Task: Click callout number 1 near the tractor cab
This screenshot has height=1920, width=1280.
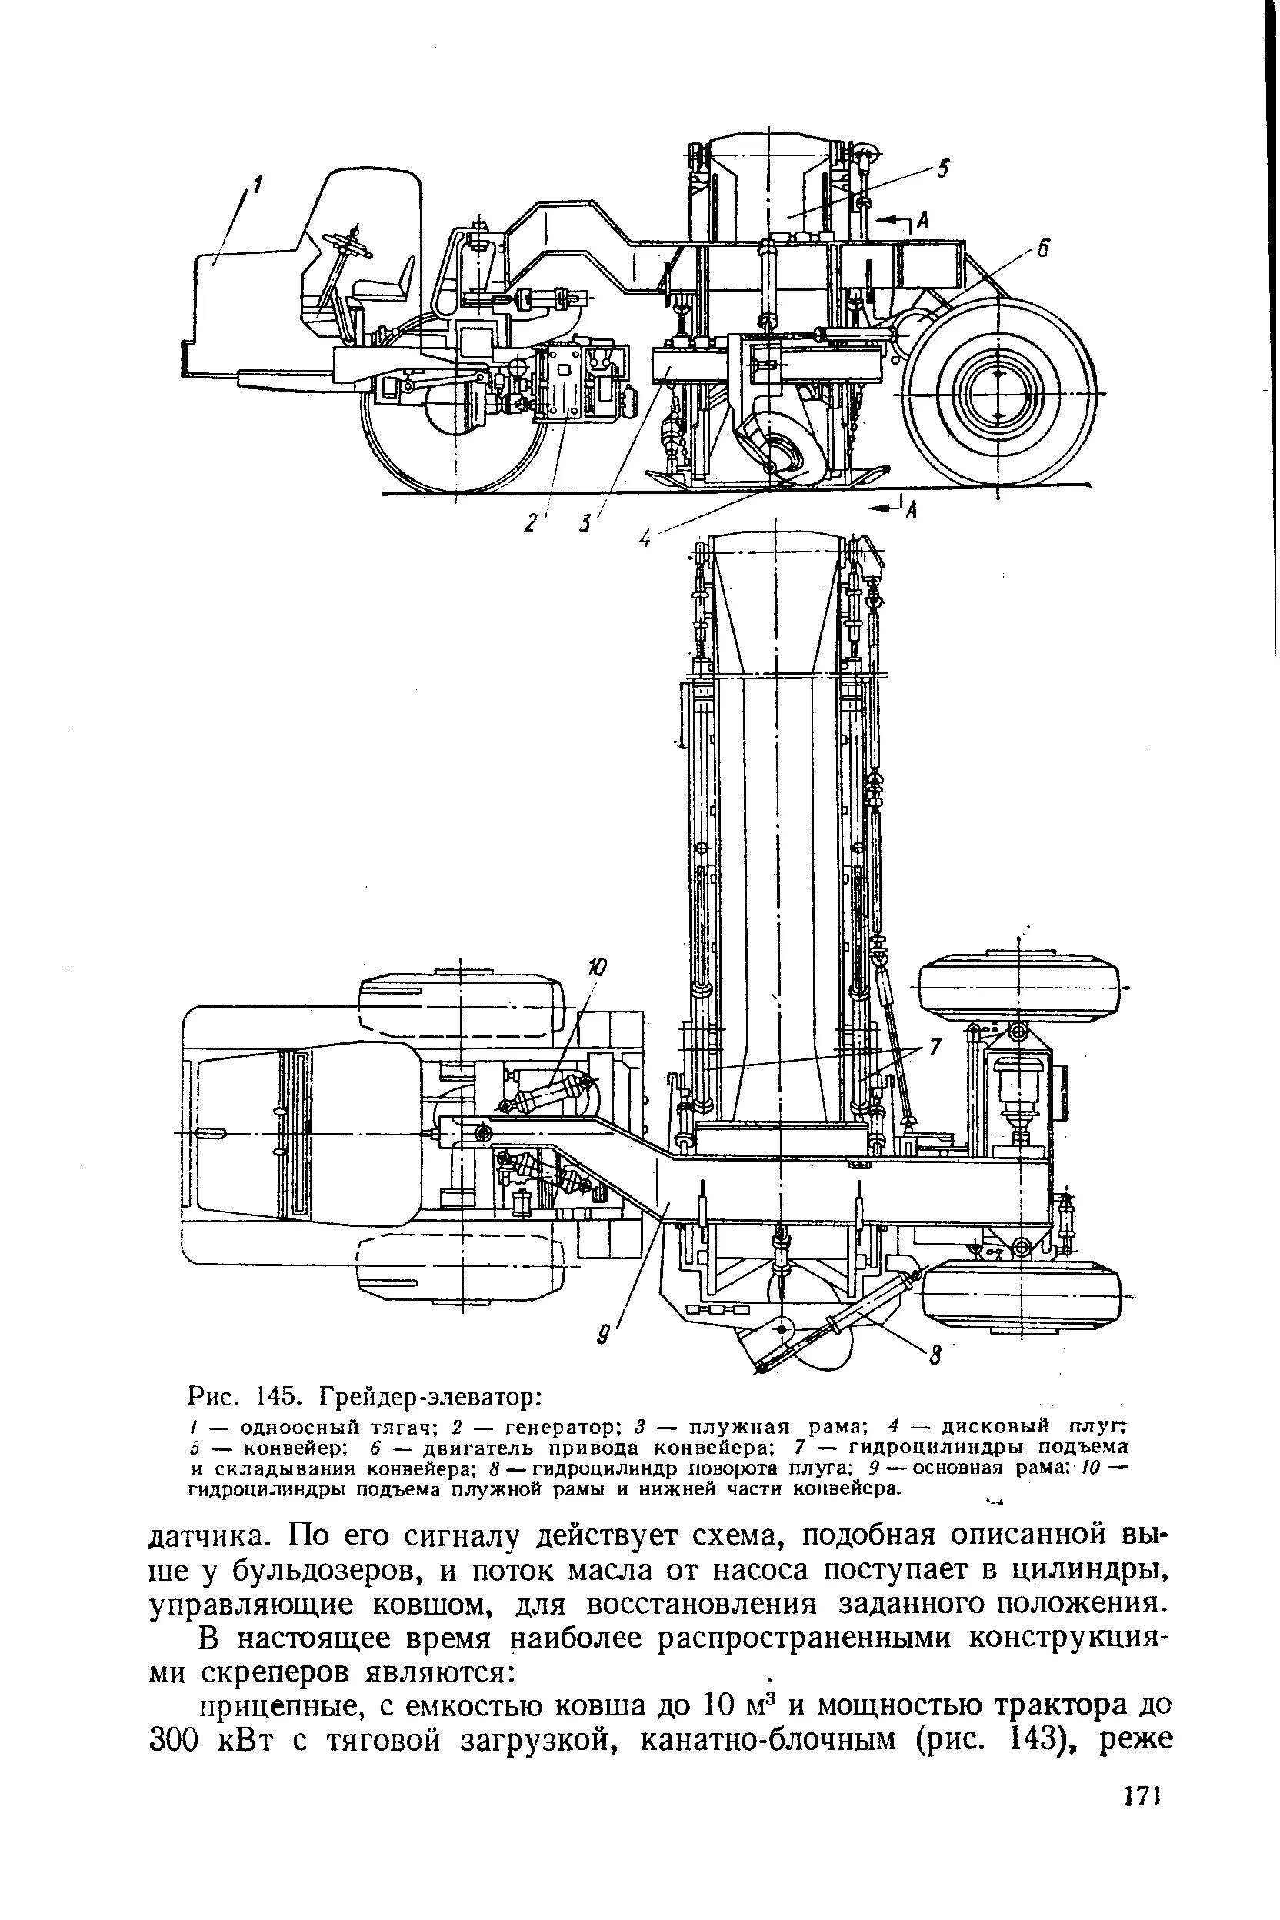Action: [257, 187]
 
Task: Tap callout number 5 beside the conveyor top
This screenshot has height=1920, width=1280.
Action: [944, 169]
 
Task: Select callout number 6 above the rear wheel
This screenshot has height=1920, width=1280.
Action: [1042, 250]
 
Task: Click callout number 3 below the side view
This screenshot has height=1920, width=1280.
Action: [585, 523]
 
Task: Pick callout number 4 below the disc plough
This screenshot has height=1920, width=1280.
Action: [645, 538]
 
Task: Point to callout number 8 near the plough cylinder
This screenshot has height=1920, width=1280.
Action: [937, 1356]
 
